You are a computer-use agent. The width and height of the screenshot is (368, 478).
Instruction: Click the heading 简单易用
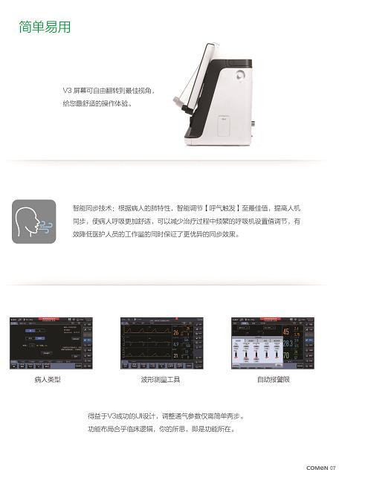pos(45,28)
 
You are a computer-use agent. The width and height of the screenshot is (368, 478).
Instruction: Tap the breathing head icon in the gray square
pos(34,221)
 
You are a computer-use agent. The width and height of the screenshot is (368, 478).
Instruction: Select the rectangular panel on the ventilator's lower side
pos(225,126)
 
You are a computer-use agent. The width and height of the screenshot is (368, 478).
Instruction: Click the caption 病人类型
pos(47,380)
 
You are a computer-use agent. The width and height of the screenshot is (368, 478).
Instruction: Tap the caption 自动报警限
pos(273,380)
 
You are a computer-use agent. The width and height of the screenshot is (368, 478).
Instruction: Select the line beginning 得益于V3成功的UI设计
pos(166,416)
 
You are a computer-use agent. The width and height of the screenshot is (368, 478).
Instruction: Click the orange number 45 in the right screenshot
pos(286,332)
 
